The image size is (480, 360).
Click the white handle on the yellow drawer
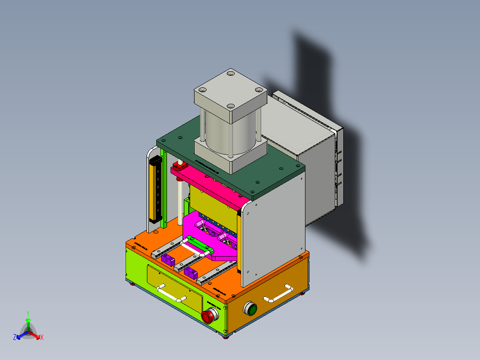171,294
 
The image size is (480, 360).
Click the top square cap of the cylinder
230,95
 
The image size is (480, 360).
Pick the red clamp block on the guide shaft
179,168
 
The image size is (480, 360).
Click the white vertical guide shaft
180,200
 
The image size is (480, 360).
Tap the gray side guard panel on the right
274,232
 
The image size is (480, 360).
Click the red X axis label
41,338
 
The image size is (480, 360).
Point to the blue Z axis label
15,338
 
